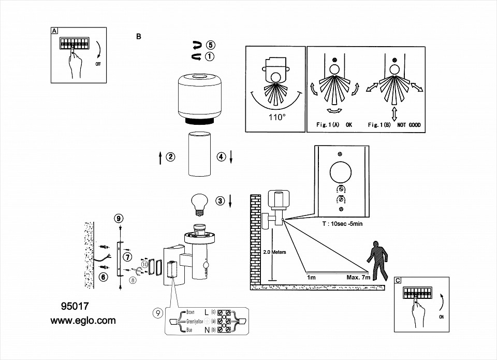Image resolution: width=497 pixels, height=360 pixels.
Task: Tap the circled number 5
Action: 210,45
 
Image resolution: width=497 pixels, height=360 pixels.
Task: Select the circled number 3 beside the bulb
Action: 220,201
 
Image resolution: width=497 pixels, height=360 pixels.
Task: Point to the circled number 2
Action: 170,157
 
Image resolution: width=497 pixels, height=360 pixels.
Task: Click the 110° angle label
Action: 277,118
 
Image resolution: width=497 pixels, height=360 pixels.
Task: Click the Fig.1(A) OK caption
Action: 334,125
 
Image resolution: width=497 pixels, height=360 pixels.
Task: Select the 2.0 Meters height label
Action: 274,252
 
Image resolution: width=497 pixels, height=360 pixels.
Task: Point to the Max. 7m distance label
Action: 358,277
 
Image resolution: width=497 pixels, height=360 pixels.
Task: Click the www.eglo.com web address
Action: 83,321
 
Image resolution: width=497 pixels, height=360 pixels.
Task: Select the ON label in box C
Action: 441,315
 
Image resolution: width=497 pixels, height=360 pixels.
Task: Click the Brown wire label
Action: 190,312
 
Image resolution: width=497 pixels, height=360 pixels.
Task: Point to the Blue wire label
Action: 188,330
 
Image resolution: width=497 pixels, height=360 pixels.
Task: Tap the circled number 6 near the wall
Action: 103,277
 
